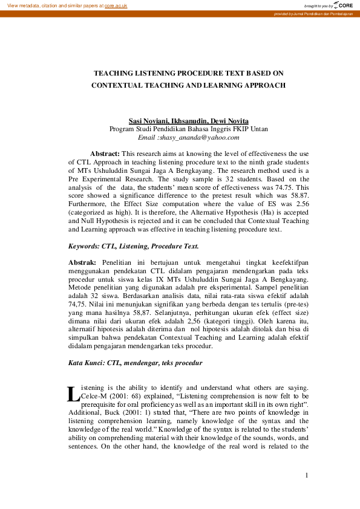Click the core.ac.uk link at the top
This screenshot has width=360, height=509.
pos(116,5)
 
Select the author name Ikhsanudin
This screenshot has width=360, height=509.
pos(189,121)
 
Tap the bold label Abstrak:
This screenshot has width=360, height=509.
pos(82,264)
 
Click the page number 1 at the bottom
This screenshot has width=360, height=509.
pos(307,475)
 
